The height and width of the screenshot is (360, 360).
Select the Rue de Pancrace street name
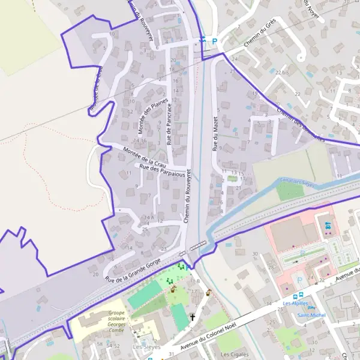point(169,124)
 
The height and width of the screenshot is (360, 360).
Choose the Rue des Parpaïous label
point(160,170)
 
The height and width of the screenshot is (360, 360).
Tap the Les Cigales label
point(235,354)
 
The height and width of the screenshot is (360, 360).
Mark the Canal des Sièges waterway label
point(298,181)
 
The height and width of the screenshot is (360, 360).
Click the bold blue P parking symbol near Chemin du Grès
point(214,41)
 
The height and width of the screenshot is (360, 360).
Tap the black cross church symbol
point(193,317)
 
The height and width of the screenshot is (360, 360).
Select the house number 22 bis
point(281,72)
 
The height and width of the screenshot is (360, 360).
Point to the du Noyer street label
point(312,11)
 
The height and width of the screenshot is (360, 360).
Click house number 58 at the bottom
point(100,346)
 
